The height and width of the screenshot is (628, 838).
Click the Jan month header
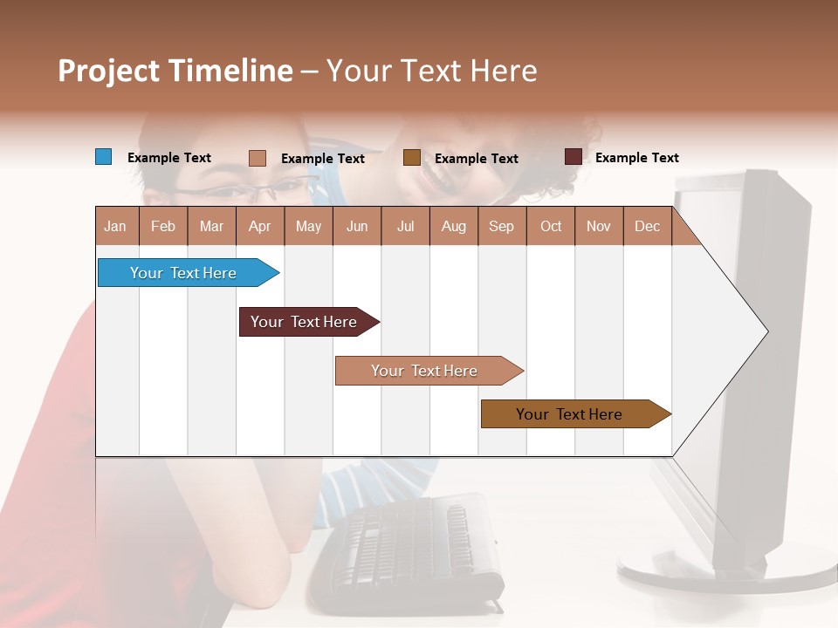[115, 226]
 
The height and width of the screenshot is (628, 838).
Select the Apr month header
[260, 226]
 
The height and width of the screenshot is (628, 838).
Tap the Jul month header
[405, 226]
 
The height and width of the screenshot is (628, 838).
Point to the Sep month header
[501, 226]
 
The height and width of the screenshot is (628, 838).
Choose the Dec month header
[647, 226]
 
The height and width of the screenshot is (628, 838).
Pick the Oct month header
[550, 226]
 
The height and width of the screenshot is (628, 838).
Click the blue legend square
[103, 157]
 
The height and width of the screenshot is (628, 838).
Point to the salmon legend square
[257, 158]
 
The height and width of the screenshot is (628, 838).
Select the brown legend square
[411, 158]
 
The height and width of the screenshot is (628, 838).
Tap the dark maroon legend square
[573, 157]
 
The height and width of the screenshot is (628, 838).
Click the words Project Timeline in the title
[175, 71]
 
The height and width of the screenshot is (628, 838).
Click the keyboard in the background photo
[410, 549]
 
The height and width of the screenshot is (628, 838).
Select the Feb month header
[163, 226]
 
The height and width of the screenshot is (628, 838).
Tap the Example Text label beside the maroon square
[636, 158]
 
